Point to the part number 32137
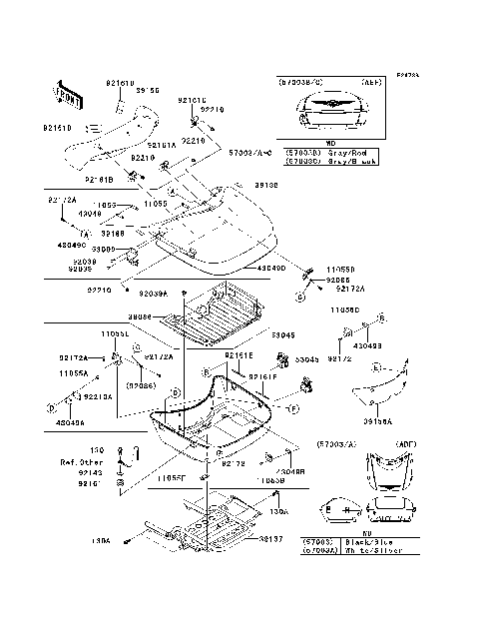(x=271, y=538)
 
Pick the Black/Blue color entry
(x=350, y=539)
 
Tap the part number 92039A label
(x=153, y=294)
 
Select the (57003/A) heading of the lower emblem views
(x=335, y=442)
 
